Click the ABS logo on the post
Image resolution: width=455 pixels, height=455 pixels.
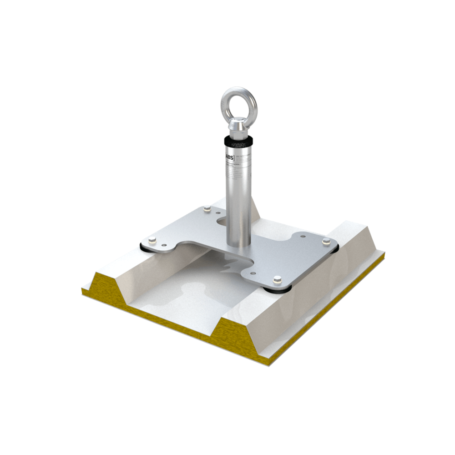click(229, 156)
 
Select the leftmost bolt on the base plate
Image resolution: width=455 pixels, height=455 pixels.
click(152, 240)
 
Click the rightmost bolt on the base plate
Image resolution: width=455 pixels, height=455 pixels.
click(326, 241)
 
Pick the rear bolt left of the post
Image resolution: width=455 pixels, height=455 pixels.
click(207, 209)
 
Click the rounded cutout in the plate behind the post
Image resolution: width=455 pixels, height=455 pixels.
click(226, 221)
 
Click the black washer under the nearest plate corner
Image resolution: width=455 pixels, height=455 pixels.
click(276, 288)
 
